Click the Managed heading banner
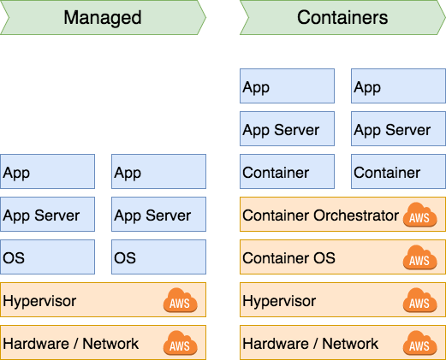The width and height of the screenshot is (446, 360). point(103,18)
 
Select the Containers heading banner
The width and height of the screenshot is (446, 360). point(342,18)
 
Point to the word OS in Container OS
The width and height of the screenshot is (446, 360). point(324,258)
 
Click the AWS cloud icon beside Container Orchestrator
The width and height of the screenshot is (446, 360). point(419,215)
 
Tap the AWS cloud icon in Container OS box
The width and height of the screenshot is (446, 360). point(419,257)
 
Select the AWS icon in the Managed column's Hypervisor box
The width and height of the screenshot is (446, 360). point(180,300)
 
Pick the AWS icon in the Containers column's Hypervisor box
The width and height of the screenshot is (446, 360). point(419,300)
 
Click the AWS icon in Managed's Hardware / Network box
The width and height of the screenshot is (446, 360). point(180,343)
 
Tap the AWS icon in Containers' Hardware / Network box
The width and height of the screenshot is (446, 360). point(419,343)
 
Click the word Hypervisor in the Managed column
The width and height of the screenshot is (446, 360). point(39,302)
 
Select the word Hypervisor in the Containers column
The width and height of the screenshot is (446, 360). point(279,302)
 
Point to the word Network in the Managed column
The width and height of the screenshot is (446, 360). point(110,344)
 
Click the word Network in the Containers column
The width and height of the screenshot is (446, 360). point(350,344)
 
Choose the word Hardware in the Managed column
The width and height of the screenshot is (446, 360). point(36,344)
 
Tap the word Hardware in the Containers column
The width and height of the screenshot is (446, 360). point(276,344)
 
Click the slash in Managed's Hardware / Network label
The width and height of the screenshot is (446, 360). point(76,344)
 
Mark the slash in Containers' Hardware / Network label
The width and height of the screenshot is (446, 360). point(316,344)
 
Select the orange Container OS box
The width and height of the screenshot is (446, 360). point(342,257)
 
